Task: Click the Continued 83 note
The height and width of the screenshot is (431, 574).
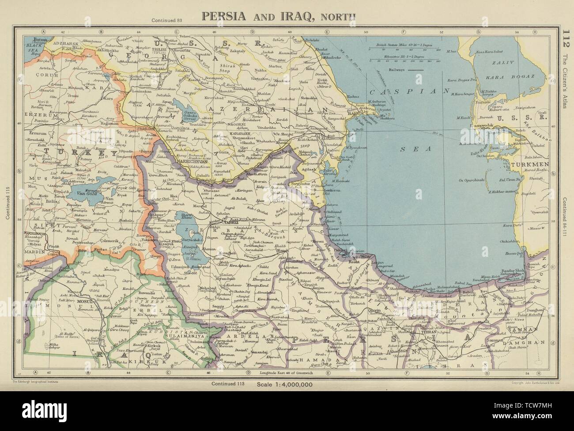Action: tap(166, 20)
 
